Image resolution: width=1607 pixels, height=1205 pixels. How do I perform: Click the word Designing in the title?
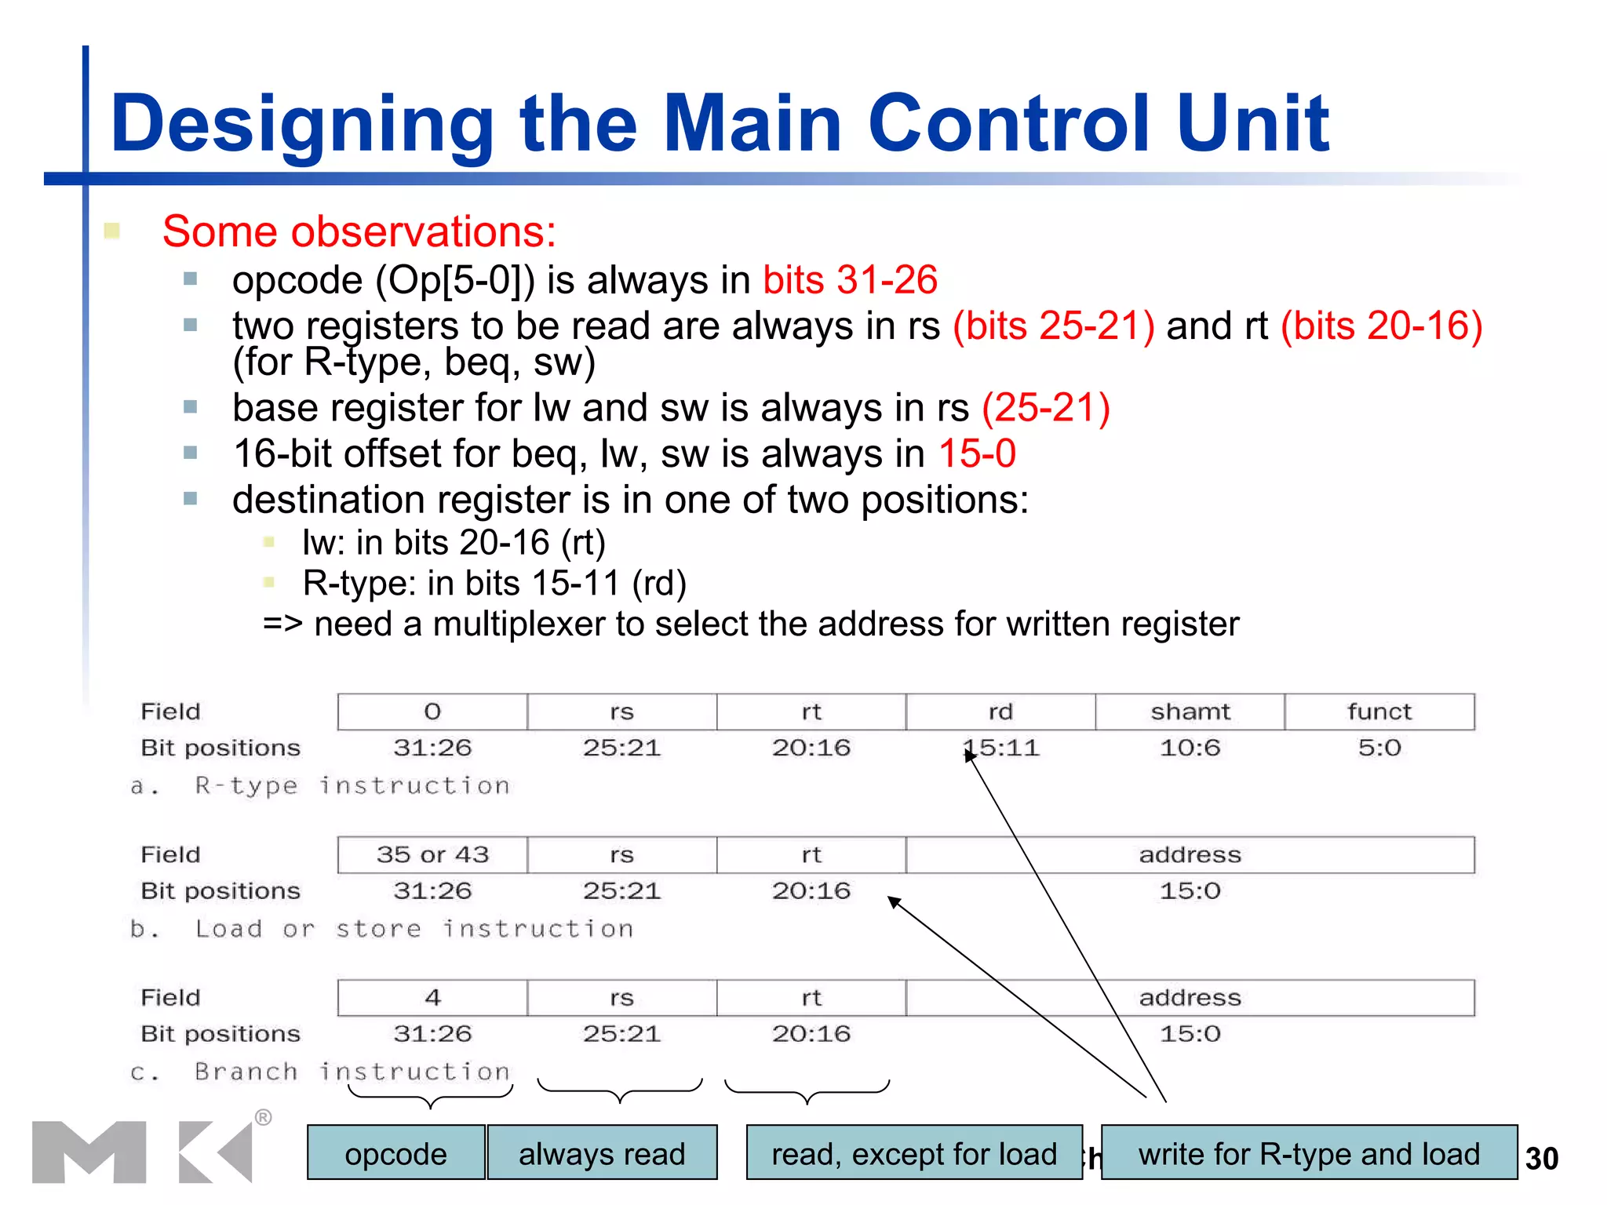tap(302, 124)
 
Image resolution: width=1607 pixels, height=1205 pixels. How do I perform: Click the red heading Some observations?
tap(359, 232)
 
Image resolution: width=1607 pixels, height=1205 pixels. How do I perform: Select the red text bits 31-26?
tap(850, 280)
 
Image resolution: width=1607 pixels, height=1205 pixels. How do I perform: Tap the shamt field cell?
tap(1190, 712)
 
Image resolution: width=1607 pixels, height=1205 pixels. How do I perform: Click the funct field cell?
tap(1379, 712)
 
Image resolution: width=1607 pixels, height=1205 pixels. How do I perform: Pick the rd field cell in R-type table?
tap(1000, 712)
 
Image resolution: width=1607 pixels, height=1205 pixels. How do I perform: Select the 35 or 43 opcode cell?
tap(432, 854)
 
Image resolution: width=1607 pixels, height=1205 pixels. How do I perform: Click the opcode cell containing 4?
tap(432, 997)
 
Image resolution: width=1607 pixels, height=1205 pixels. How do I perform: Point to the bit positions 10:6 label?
tap(1190, 748)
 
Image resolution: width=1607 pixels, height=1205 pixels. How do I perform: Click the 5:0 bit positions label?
tap(1379, 748)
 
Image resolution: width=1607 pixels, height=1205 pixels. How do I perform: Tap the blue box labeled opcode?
tap(395, 1153)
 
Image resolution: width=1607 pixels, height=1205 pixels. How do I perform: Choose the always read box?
tap(602, 1153)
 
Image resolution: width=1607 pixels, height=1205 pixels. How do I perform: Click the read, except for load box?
tap(914, 1153)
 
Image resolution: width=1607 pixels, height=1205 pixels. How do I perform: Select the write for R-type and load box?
tap(1309, 1153)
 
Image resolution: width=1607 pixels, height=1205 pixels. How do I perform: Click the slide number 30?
tap(1541, 1159)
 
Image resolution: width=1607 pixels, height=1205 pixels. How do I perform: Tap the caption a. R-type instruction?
tap(320, 785)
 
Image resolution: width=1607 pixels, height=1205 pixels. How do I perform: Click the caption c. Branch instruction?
tap(320, 1072)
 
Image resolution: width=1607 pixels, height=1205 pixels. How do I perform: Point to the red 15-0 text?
tap(977, 453)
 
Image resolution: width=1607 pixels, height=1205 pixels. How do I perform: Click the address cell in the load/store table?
tap(1190, 854)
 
